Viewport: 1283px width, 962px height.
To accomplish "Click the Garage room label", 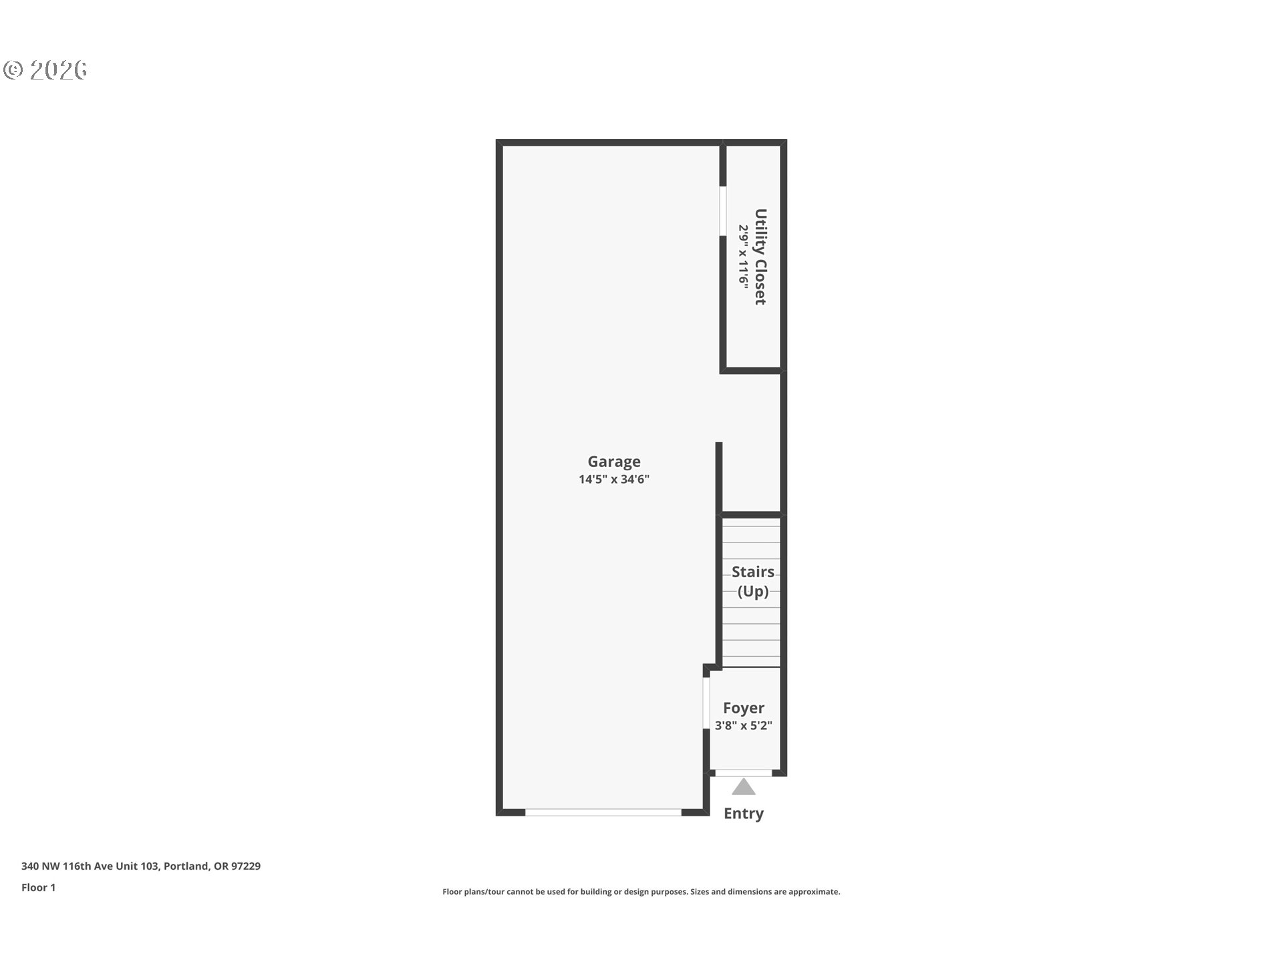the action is pos(614,462).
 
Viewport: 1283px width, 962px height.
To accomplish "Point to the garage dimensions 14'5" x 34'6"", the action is pos(614,479).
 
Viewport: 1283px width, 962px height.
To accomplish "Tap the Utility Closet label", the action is pos(760,257).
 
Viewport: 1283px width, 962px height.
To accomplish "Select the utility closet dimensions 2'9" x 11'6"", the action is pos(743,257).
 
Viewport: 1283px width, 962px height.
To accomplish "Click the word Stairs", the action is pos(753,572).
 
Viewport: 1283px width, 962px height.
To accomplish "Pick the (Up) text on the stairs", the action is pos(753,591).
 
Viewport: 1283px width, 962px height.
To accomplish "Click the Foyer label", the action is pos(744,708).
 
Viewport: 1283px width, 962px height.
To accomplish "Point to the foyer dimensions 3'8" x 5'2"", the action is pos(744,726).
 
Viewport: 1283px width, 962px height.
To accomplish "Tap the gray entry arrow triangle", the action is pos(744,787).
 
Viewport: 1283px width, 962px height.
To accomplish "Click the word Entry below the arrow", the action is pos(744,814).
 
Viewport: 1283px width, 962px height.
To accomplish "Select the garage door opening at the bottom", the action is pos(603,812).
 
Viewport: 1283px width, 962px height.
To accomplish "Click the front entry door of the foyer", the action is pos(744,773).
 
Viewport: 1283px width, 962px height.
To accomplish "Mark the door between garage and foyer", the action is pos(706,703).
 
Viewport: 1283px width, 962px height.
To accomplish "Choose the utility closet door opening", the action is pos(723,210).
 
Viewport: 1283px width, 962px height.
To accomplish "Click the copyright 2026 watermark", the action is pos(45,70).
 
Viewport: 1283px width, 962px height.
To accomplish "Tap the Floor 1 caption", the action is pos(39,887).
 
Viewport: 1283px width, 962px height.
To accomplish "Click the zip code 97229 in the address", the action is pos(246,866).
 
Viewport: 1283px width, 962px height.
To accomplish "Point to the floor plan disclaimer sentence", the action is pos(641,892).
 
